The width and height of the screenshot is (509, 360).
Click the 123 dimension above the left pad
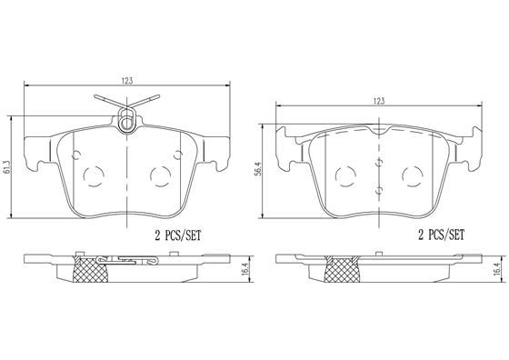127,81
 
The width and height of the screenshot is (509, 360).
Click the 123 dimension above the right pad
378,101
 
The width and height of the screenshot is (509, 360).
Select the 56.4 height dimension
259,171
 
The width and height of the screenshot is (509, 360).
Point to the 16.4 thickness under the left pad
245,269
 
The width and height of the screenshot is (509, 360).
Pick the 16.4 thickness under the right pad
497,269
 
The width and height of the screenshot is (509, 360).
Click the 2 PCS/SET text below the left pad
177,235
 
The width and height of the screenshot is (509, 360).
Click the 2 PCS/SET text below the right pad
442,235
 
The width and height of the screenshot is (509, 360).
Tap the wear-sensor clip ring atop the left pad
127,121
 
